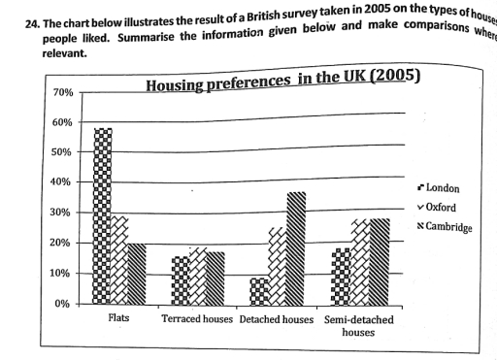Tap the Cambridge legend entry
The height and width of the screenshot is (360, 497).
[x=446, y=227]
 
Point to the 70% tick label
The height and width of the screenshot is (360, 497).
[x=61, y=93]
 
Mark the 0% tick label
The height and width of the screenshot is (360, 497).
[x=64, y=304]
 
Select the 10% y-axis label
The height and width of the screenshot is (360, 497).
[x=61, y=274]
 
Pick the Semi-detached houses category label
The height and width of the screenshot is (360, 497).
[x=359, y=325]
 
